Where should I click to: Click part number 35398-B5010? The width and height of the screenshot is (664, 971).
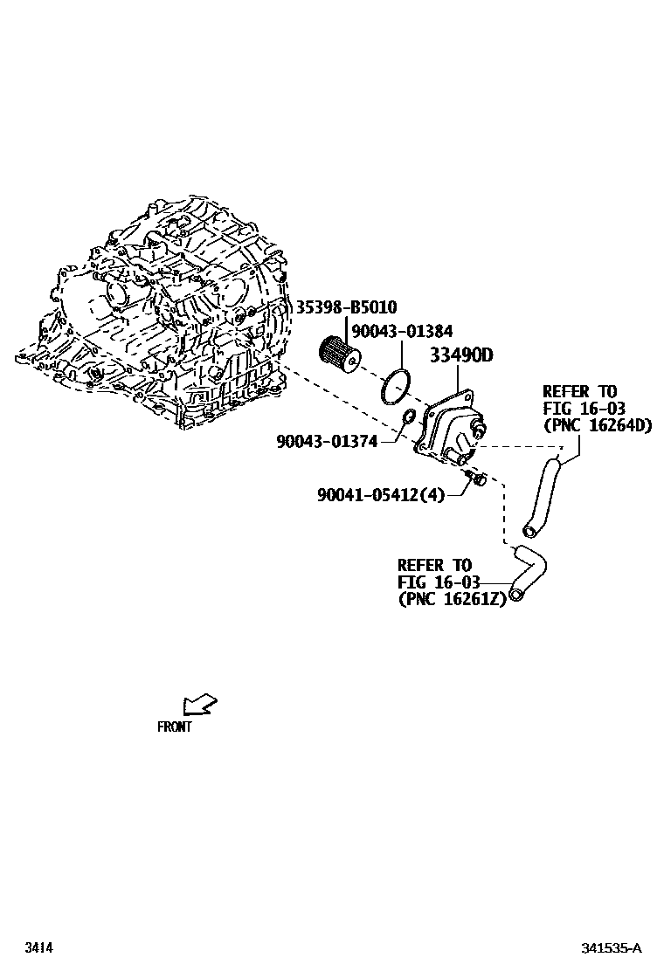pyautogui.click(x=346, y=307)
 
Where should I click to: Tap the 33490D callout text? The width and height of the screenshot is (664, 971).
pyautogui.click(x=460, y=356)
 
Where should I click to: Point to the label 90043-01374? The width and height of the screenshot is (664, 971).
pyautogui.click(x=327, y=443)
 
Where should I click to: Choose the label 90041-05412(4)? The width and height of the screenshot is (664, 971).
pyautogui.click(x=381, y=495)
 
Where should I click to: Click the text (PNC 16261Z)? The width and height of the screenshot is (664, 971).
pyautogui.click(x=452, y=599)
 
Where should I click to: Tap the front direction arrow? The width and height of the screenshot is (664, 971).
pyautogui.click(x=199, y=704)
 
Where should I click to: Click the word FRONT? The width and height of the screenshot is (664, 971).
pyautogui.click(x=175, y=727)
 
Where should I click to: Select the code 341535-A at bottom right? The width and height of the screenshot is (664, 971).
pyautogui.click(x=612, y=948)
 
